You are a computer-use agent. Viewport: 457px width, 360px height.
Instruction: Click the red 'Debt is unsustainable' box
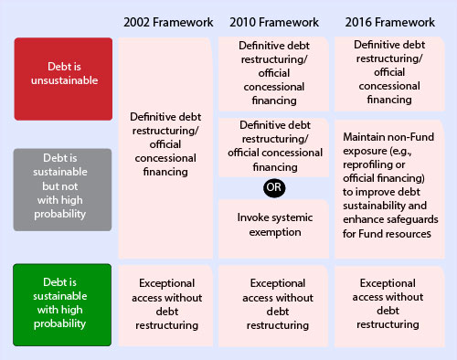click(62, 79)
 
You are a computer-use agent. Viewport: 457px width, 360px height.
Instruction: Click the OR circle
click(272, 186)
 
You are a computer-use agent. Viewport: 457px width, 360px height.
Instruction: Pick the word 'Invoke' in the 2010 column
click(255, 217)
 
